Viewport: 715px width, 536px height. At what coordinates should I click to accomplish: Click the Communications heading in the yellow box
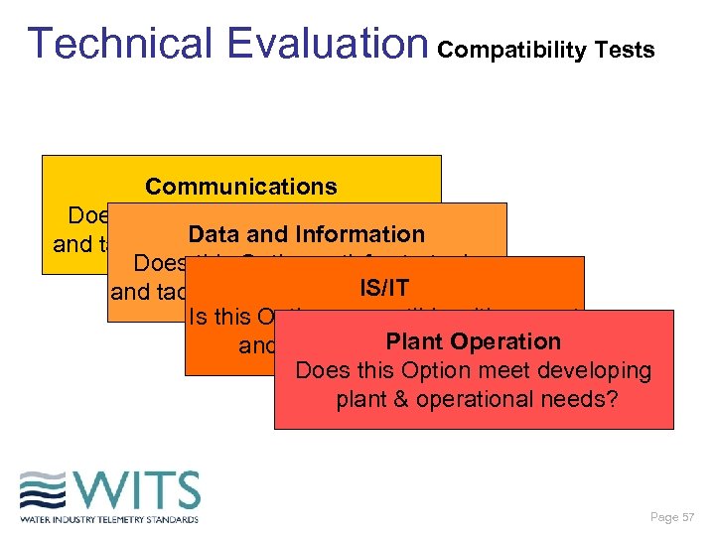click(241, 187)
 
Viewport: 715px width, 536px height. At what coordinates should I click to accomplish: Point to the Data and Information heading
click(306, 234)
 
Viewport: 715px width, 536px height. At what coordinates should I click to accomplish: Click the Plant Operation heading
click(473, 341)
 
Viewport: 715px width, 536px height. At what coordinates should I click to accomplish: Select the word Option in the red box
click(435, 370)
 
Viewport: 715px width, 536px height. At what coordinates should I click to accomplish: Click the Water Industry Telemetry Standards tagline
click(109, 518)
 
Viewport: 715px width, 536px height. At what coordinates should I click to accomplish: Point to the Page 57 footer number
click(672, 517)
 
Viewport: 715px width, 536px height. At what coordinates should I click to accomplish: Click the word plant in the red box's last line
click(363, 399)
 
